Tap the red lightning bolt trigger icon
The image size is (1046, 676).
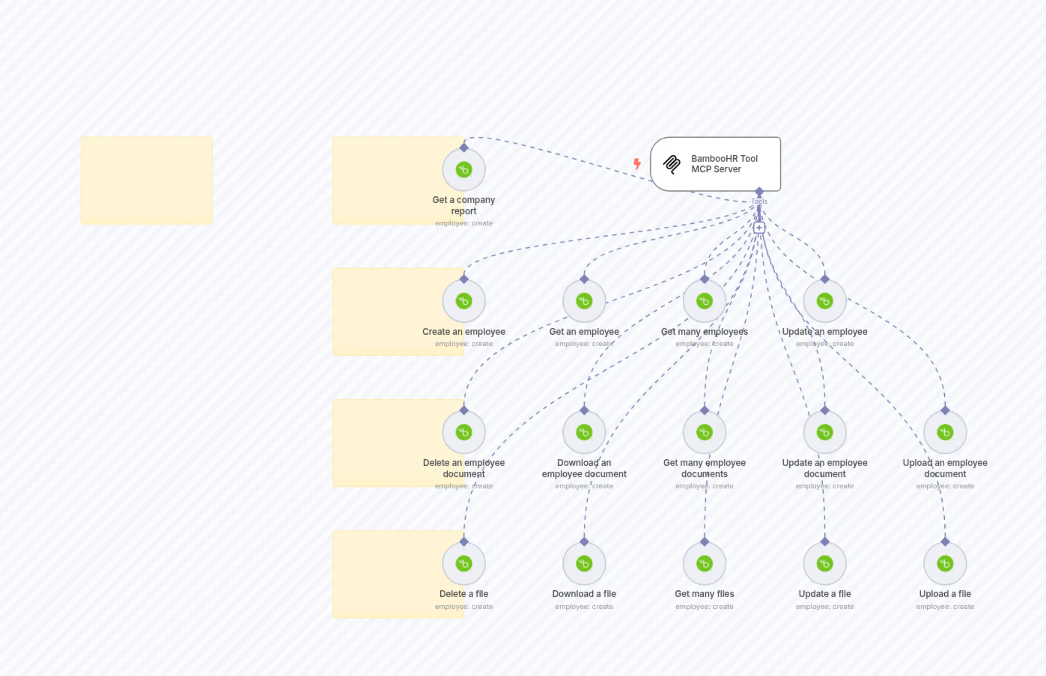637,164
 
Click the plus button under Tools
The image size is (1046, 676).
759,227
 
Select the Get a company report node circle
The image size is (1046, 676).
464,169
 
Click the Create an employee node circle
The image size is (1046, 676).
464,301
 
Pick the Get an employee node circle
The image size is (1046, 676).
584,301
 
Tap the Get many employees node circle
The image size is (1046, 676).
704,301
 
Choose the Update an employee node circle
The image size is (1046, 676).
824,301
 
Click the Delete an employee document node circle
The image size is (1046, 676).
464,432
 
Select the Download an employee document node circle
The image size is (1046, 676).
584,432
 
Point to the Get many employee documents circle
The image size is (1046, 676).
704,432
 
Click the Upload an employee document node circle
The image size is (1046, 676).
945,432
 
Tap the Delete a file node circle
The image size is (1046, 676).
464,564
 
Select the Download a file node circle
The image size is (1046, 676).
584,564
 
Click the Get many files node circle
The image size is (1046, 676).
704,564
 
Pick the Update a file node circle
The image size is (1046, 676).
824,564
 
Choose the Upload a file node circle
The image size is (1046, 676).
945,564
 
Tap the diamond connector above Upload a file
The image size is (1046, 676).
945,542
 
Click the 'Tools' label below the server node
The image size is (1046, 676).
759,201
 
